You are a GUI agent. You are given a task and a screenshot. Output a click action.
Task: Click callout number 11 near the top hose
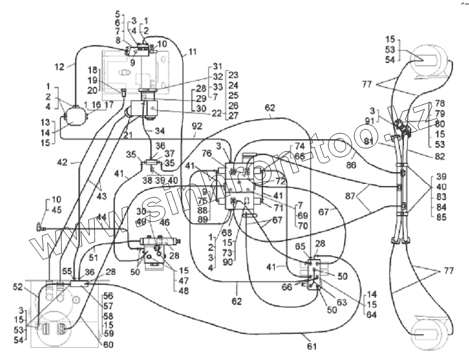pyautogui.click(x=192, y=52)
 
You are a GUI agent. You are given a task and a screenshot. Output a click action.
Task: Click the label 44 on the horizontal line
pyautogui.click(x=101, y=217)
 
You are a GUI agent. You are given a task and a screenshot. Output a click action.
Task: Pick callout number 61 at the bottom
pyautogui.click(x=312, y=347)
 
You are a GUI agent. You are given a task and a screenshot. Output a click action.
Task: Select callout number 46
pyautogui.click(x=165, y=222)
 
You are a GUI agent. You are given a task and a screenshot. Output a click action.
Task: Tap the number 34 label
pyautogui.click(x=161, y=130)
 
